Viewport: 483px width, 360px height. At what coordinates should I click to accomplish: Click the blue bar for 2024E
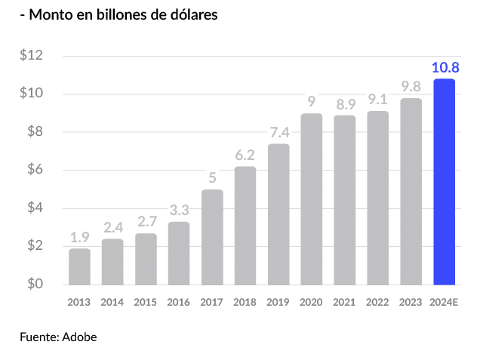(444, 181)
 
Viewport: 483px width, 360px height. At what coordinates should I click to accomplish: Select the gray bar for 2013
(79, 266)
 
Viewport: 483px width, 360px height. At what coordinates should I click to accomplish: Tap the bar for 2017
(212, 237)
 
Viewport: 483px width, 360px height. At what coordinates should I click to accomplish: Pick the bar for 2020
(312, 199)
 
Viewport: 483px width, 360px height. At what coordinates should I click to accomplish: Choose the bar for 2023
(411, 192)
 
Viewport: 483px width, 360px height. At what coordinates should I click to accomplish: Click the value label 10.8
(444, 68)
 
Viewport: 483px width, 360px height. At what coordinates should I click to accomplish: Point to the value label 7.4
(278, 134)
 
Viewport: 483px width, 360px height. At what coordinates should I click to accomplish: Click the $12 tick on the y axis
(32, 56)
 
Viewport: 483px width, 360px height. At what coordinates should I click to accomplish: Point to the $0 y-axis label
(32, 285)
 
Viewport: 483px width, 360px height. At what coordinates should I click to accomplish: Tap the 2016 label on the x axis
(179, 302)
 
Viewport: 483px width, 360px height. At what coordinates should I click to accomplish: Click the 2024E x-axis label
(445, 302)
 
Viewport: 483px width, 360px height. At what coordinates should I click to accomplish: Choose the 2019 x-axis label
(278, 302)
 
